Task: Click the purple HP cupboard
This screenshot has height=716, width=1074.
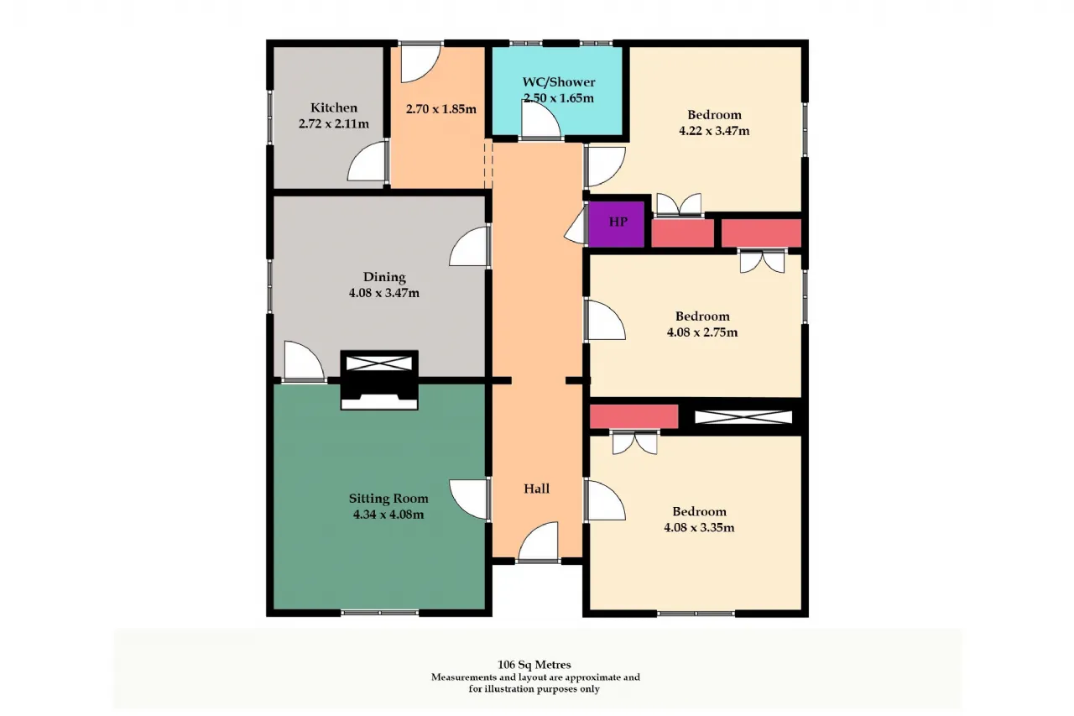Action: pyautogui.click(x=616, y=224)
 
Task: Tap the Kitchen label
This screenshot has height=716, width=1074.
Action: pyautogui.click(x=334, y=107)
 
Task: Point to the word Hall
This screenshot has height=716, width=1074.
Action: pyautogui.click(x=536, y=489)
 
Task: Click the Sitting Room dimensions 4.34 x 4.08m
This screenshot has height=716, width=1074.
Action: pyautogui.click(x=388, y=515)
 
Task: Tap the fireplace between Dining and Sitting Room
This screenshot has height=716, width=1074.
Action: pyautogui.click(x=379, y=379)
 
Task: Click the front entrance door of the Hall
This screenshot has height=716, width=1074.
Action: pyautogui.click(x=539, y=541)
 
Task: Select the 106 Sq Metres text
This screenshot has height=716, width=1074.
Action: pyautogui.click(x=534, y=665)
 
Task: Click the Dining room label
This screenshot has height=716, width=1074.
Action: pyautogui.click(x=384, y=277)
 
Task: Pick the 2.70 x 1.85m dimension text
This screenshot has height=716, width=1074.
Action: pyautogui.click(x=441, y=109)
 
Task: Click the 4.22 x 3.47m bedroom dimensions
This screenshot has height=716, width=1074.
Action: pyautogui.click(x=714, y=130)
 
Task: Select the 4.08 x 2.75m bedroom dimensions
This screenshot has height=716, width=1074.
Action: pyautogui.click(x=702, y=332)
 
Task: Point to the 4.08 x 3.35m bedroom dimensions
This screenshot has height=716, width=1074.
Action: pyautogui.click(x=699, y=527)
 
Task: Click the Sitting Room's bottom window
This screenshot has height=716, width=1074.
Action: pyautogui.click(x=380, y=613)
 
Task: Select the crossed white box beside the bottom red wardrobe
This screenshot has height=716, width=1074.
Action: pyautogui.click(x=743, y=417)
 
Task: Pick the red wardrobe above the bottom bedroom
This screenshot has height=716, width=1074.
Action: pyautogui.click(x=633, y=416)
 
